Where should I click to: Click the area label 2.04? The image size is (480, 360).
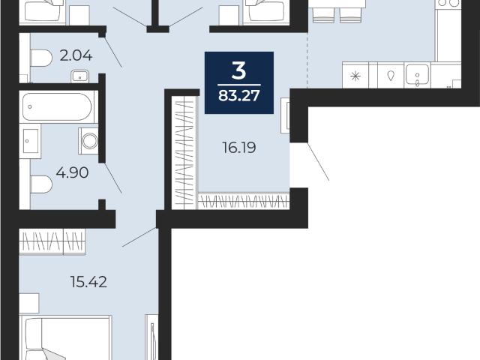tap(76, 55)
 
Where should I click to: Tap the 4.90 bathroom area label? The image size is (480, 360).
tap(73, 172)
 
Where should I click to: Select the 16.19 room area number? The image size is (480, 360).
tap(239, 148)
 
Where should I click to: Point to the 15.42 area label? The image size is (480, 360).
tap(88, 282)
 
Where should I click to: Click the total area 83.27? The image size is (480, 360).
tap(239, 95)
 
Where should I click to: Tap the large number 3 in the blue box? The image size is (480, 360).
tap(239, 71)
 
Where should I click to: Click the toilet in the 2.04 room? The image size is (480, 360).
tap(41, 58)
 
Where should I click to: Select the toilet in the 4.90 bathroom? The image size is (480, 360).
tap(41, 184)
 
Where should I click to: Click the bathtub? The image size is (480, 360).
tap(57, 106)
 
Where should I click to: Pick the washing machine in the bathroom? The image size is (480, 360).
tap(88, 141)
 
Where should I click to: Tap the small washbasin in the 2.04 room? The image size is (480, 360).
tap(80, 76)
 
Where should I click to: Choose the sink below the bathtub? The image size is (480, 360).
tap(30, 141)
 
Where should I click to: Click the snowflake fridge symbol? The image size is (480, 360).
tap(355, 76)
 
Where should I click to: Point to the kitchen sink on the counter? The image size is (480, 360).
tap(417, 75)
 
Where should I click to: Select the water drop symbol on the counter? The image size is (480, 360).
tap(391, 75)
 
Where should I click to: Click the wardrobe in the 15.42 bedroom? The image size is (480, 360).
tap(52, 241)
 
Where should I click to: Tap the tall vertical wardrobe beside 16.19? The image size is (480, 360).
tap(184, 152)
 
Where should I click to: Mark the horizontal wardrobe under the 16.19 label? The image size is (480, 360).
tap(244, 201)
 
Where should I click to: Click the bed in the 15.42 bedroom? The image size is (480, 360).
tap(65, 338)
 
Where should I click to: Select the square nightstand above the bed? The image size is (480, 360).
tap(29, 303)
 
